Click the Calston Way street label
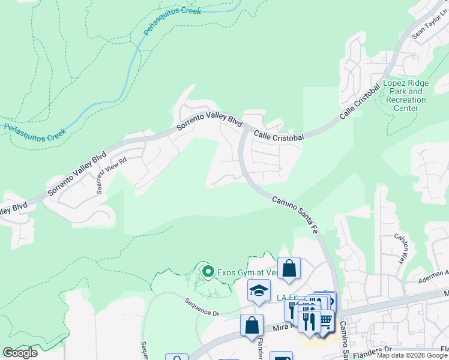coord(400,249)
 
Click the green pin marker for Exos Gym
coord(208,272)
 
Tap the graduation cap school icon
coord(259,291)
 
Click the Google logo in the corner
coord(20,353)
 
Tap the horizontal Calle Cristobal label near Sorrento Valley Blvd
coord(278,136)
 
